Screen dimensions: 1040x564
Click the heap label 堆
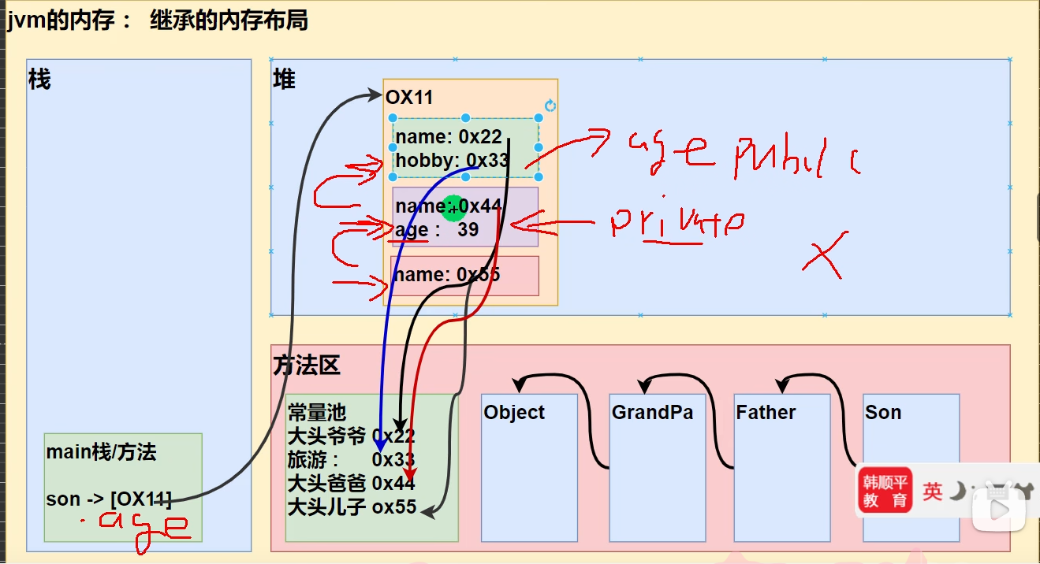[284, 80]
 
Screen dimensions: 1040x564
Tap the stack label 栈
[39, 80]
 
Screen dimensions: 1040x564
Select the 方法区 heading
[307, 365]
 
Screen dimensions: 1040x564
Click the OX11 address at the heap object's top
[409, 98]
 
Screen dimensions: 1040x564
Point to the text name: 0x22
[448, 137]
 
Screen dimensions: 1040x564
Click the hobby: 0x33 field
[452, 161]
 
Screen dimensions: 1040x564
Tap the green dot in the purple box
[453, 207]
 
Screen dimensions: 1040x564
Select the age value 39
[468, 230]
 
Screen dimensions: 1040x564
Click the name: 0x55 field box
[464, 276]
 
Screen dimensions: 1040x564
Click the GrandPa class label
[652, 413]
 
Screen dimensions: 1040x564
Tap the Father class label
[766, 413]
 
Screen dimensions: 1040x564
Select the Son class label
[882, 413]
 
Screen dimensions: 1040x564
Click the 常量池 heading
[316, 413]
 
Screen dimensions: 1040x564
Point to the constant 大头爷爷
[326, 436]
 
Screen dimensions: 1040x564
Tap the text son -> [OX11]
[109, 499]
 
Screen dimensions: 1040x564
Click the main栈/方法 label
[101, 452]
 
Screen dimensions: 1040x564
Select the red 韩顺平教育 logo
[884, 489]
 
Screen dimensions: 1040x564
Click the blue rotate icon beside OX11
[550, 106]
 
